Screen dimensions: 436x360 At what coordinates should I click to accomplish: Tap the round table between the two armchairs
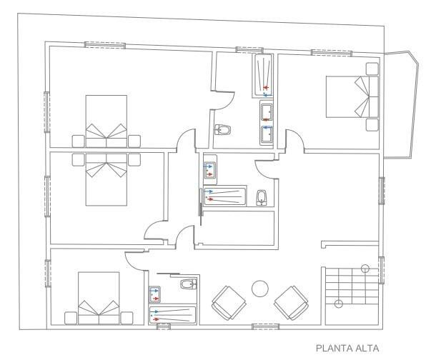click(260, 289)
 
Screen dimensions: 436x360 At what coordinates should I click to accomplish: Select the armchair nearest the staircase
click(291, 303)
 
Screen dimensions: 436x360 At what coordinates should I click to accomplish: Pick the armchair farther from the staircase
click(229, 303)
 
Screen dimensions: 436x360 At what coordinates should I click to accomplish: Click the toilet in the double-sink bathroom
click(223, 130)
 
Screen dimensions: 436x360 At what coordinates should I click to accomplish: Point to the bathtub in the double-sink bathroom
click(262, 76)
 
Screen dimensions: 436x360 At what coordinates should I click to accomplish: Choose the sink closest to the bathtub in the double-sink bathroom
click(267, 111)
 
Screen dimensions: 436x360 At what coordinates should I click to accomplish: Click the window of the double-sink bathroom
click(249, 50)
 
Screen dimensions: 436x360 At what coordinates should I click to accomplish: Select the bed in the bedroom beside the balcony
click(352, 96)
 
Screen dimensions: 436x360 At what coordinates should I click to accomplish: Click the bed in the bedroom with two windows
click(106, 121)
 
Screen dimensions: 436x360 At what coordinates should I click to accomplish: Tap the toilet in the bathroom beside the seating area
click(189, 284)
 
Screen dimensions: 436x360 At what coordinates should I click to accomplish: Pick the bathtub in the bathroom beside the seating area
click(173, 315)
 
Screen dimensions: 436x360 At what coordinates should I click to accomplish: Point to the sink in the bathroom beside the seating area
click(154, 294)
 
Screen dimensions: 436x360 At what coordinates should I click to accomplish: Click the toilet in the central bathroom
click(262, 197)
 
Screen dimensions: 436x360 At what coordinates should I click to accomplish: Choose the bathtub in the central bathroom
click(225, 196)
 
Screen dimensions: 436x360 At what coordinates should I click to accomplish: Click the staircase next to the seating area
click(352, 296)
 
